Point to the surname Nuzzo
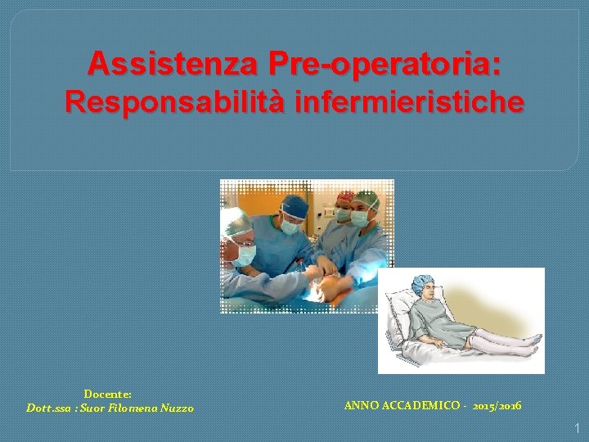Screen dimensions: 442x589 [x=176, y=408]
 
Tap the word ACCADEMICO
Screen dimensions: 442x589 [x=418, y=406]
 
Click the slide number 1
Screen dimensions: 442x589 [x=577, y=427]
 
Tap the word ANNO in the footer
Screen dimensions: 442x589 [x=359, y=406]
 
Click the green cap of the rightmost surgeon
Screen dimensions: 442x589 [x=368, y=199]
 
